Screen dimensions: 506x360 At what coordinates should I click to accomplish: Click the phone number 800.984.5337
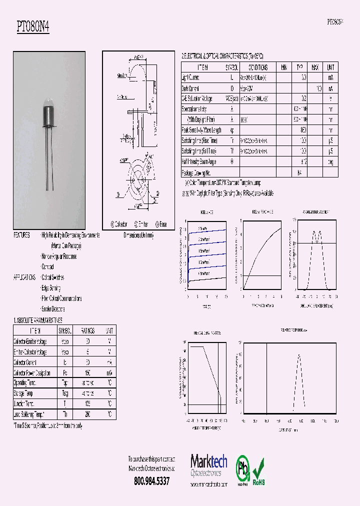[151, 481]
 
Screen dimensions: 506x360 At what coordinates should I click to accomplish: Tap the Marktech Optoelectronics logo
[208, 466]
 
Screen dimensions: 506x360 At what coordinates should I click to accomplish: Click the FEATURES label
[21, 235]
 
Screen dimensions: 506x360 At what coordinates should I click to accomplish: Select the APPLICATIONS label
[25, 277]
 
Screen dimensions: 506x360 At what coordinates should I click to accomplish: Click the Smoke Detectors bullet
[53, 309]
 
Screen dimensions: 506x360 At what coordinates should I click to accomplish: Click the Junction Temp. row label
[24, 404]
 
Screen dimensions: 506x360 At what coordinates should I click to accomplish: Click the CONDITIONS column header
[258, 67]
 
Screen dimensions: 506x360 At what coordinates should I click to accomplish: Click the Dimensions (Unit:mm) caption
[138, 235]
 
